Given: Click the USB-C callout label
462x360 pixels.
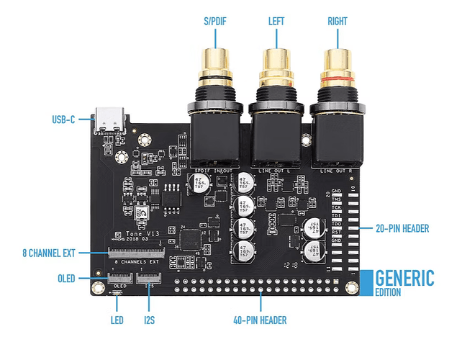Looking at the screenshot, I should click(63, 119).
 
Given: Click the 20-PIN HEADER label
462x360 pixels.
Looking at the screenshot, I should click(402, 229).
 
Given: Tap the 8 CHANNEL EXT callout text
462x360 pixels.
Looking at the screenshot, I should click(55, 253).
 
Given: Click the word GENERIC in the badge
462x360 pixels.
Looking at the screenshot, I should click(404, 277).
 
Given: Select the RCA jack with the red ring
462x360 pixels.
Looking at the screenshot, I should click(338, 72).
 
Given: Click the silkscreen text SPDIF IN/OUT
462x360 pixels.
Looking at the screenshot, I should click(214, 170).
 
